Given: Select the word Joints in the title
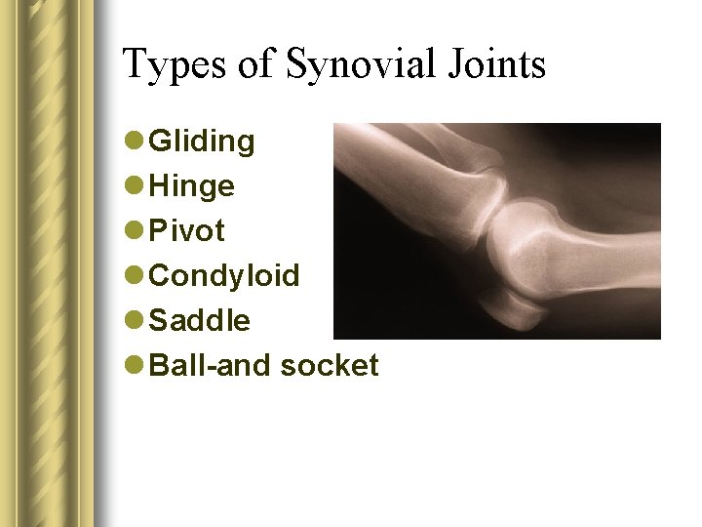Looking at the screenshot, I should coord(496,66).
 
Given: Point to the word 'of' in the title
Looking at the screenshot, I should coord(255,66).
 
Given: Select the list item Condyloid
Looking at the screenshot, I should coord(224,275).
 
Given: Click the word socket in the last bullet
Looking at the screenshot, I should coord(330,365).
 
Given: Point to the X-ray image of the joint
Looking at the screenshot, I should coord(497,231).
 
